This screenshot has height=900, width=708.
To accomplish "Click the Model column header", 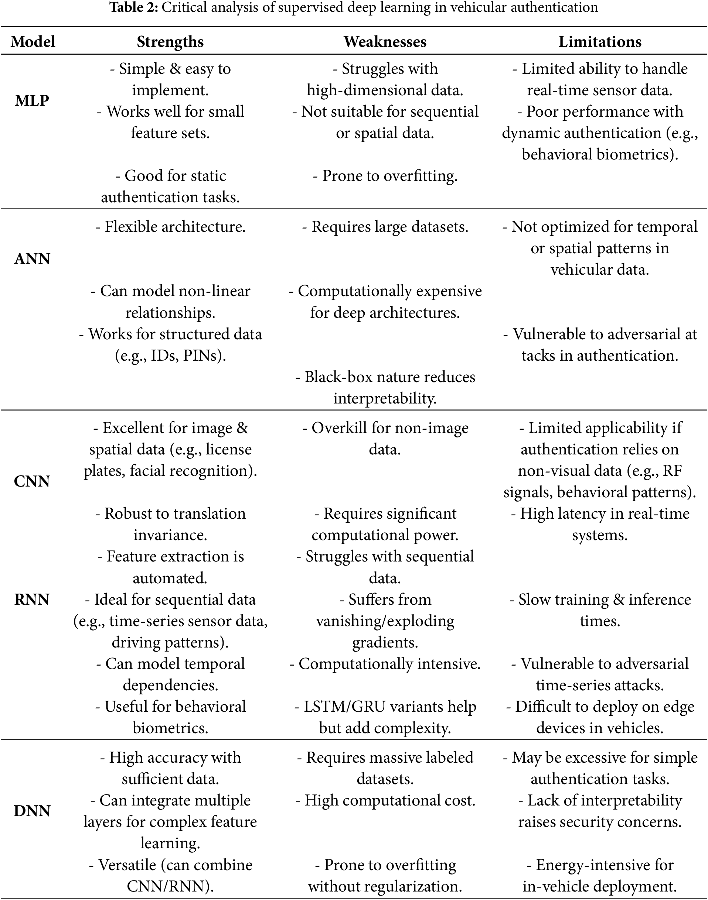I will click(33, 42).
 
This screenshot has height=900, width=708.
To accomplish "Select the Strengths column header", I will click(170, 42).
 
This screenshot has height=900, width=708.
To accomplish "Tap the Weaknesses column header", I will click(385, 42).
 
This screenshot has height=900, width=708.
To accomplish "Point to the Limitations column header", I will click(599, 42).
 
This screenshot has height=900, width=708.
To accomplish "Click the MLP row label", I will click(32, 101).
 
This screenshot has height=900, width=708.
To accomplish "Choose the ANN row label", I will click(32, 259).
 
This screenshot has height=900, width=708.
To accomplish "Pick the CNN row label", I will click(32, 481).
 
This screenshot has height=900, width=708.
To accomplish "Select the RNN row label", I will click(32, 599).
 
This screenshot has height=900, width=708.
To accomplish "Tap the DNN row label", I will click(32, 811).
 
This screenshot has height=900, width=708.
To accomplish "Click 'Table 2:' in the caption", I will click(134, 7).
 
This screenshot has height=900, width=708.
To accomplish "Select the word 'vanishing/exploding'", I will click(385, 621).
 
